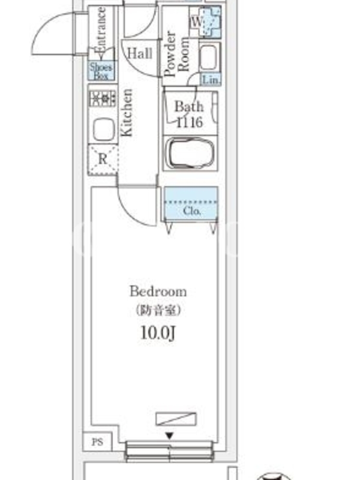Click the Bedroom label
pyautogui.click(x=158, y=291)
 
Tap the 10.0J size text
pyautogui.click(x=158, y=332)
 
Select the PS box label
pyautogui.click(x=97, y=442)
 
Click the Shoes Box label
pyautogui.click(x=101, y=71)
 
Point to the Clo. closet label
pyautogui.click(x=192, y=211)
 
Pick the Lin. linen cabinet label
pyautogui.click(x=211, y=80)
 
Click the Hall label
pyautogui.click(x=140, y=53)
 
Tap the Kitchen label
pyautogui.click(x=127, y=113)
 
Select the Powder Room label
pyautogui.click(x=176, y=53)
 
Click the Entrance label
pyautogui.click(x=101, y=30)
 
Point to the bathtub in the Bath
pyautogui.click(x=190, y=154)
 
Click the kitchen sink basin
pyautogui.click(x=104, y=130)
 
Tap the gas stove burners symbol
pyautogui.click(x=103, y=98)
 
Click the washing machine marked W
pyautogui.click(x=205, y=22)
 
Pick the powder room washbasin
pyautogui.click(x=209, y=58)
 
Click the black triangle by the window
pyautogui.click(x=170, y=436)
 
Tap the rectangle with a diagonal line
pyautogui.click(x=176, y=419)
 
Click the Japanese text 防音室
pyautogui.click(x=158, y=310)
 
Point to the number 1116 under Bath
pyautogui.click(x=190, y=122)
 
